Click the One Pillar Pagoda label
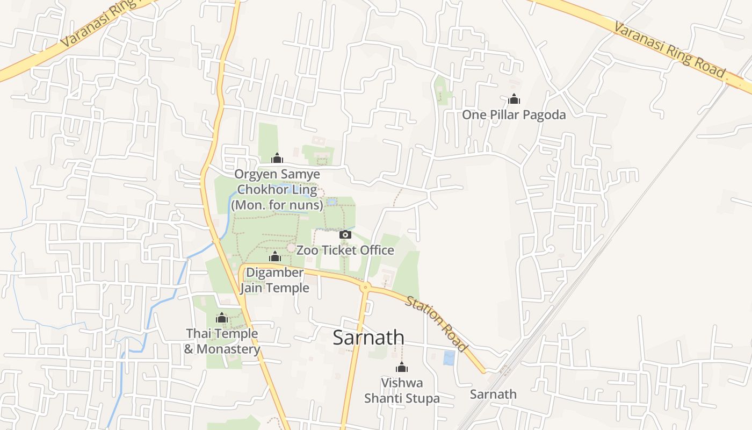coord(514,114)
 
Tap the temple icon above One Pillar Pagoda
coord(514,99)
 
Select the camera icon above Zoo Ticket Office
coord(345,234)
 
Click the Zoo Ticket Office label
coord(345,250)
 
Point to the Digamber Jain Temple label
coord(274,280)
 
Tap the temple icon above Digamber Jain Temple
coord(274,256)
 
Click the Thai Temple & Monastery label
coord(222,341)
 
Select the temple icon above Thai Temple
coord(222,318)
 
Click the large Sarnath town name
coord(368,338)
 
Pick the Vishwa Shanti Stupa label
coord(402,391)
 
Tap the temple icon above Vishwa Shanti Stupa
coord(401,368)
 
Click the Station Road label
coord(436,324)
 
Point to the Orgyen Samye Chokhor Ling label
coord(277,190)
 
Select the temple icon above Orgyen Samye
coord(277,158)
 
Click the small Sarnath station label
coord(493,394)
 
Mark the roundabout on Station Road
coord(365,288)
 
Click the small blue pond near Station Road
coord(449,358)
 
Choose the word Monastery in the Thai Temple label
coord(228,349)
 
